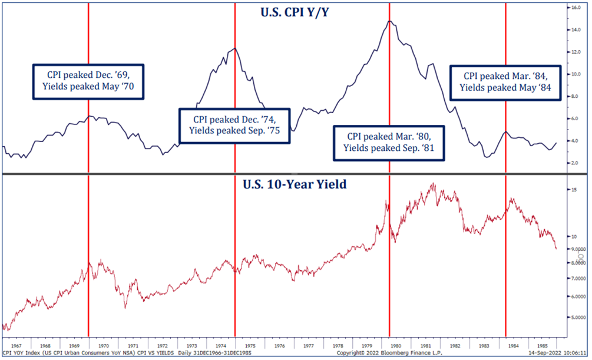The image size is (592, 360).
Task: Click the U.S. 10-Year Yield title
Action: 295,184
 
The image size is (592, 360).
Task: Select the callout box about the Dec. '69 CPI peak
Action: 88,81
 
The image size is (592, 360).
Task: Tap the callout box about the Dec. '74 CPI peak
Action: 234,125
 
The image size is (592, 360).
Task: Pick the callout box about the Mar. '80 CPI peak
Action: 389,142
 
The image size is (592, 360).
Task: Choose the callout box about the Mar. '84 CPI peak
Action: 505,81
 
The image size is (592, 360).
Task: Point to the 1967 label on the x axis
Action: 16,345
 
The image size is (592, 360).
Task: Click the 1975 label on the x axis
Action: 250,345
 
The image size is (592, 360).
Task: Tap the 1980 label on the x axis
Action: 395,345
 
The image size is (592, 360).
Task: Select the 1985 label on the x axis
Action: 541,345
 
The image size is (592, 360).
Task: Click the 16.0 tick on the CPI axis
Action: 575,8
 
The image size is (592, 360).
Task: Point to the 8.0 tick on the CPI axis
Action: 574,96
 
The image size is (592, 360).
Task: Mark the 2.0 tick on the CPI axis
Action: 574,163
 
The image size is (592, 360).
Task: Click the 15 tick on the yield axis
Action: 574,190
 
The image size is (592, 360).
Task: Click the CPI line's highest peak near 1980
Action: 389,21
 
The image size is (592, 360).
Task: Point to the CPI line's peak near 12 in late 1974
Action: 234,48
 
